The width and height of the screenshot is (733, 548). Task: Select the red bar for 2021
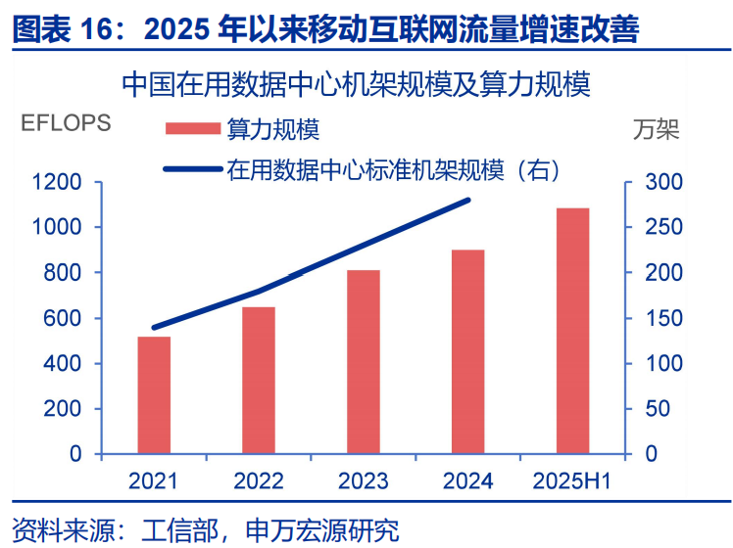pyautogui.click(x=154, y=395)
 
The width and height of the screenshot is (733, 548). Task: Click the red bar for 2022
pyautogui.click(x=259, y=380)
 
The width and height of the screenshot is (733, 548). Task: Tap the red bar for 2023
pyautogui.click(x=364, y=362)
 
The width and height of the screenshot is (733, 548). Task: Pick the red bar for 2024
pyautogui.click(x=468, y=351)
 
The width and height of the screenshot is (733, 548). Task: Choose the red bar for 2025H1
pyautogui.click(x=572, y=331)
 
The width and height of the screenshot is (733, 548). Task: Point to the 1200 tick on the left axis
pyautogui.click(x=57, y=182)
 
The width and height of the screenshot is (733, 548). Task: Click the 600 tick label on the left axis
pyautogui.click(x=62, y=318)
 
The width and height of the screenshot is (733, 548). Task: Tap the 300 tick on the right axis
pyautogui.click(x=663, y=182)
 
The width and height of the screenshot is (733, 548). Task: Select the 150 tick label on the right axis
pyautogui.click(x=663, y=318)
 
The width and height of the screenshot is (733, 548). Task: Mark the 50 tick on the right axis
pyautogui.click(x=658, y=409)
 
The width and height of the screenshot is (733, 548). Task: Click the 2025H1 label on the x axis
pyautogui.click(x=572, y=480)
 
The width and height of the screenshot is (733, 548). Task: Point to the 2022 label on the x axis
pyautogui.click(x=259, y=480)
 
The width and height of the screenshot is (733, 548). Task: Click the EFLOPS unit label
pyautogui.click(x=66, y=122)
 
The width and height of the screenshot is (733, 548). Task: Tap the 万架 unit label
pyautogui.click(x=657, y=129)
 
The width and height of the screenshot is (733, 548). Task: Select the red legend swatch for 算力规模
pyautogui.click(x=193, y=128)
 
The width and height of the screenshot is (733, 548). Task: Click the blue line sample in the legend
pyautogui.click(x=193, y=169)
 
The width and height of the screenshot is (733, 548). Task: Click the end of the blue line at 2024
pyautogui.click(x=468, y=201)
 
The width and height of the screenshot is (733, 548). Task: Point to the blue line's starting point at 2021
pyautogui.click(x=154, y=328)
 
